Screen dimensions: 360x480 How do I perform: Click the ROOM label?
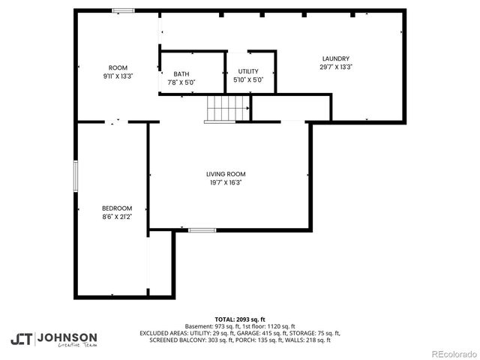pos(118,68)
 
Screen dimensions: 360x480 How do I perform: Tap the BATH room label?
pos(181,73)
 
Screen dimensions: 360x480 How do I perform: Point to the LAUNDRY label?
pos(335,59)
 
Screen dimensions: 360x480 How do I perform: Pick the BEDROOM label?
pos(117,208)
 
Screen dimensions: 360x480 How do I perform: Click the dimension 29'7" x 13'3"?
pos(335,67)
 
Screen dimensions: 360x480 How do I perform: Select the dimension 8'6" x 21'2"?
pos(117,217)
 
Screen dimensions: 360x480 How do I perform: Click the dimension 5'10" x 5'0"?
pos(248,79)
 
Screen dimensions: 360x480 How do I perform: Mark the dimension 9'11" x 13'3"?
pos(118,76)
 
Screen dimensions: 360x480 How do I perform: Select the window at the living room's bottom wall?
pos(202,230)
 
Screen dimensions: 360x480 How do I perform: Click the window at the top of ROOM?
pos(123,10)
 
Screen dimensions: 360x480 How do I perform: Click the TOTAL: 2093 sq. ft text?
pos(239,319)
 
